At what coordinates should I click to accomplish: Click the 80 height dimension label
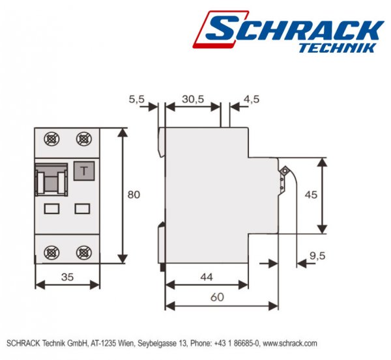[x=133, y=195]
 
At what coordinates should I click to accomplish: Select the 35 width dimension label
[x=67, y=277]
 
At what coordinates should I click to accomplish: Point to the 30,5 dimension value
[x=192, y=99]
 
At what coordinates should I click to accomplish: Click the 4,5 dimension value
[x=251, y=99]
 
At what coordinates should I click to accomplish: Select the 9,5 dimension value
[x=317, y=256]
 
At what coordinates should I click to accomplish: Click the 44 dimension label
[x=206, y=277]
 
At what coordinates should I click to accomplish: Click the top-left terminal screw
[x=51, y=139]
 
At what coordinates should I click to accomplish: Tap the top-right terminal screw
[x=83, y=139]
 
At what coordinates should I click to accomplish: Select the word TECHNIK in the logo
[x=336, y=48]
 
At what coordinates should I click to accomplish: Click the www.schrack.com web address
[x=291, y=343]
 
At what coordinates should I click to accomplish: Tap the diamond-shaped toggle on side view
[x=284, y=171]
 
